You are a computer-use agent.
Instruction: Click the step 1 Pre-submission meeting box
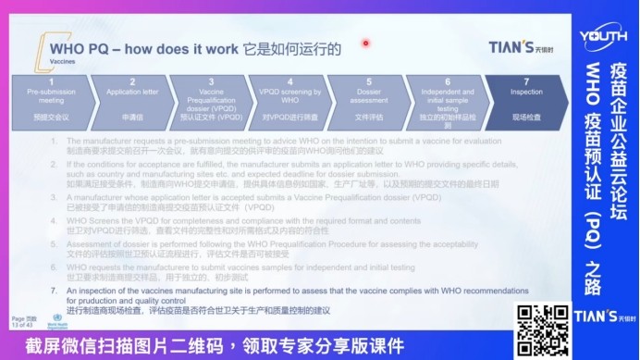click(x=44, y=100)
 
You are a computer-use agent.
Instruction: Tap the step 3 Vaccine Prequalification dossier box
click(x=211, y=100)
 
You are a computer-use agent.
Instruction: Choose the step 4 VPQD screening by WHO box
click(x=291, y=100)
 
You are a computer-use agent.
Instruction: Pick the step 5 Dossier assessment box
click(x=369, y=100)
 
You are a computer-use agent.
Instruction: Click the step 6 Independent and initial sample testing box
click(x=448, y=100)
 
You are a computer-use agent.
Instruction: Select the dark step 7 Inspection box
click(x=527, y=100)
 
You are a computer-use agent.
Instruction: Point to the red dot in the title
click(x=366, y=43)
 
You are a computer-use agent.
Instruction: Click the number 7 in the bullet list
click(x=53, y=290)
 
